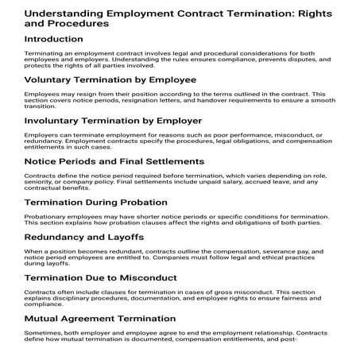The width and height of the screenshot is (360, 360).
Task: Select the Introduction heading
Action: click(60, 37)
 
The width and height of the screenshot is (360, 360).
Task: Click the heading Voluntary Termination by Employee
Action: click(110, 79)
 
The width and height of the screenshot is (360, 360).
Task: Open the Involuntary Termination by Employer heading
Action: click(115, 121)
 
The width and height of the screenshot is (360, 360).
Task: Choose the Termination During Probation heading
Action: click(100, 203)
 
